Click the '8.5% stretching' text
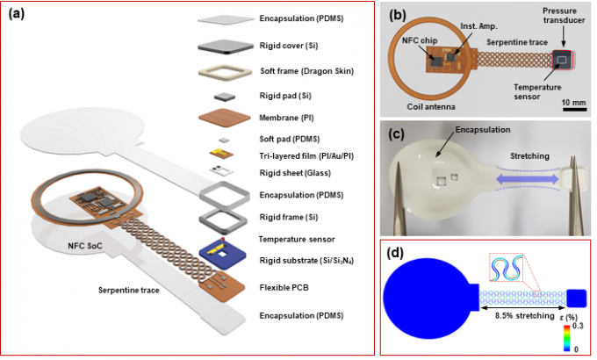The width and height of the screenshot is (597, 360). [x=519, y=313]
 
